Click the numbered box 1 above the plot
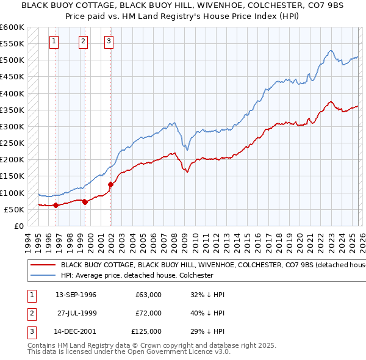coord(54,41)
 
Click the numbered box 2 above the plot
coord(83,41)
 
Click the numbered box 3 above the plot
coord(109,41)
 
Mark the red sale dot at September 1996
coord(56,205)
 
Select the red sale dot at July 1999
coord(85,202)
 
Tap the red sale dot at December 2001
coord(110,184)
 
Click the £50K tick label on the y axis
coord(14,209)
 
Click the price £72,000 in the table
coord(148,313)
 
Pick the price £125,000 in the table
coord(146,331)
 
